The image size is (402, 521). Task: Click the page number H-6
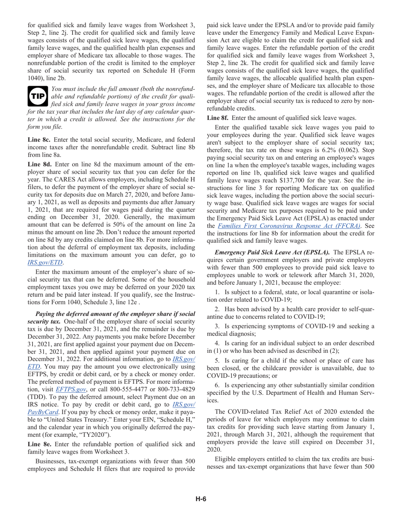(x=201, y=499)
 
